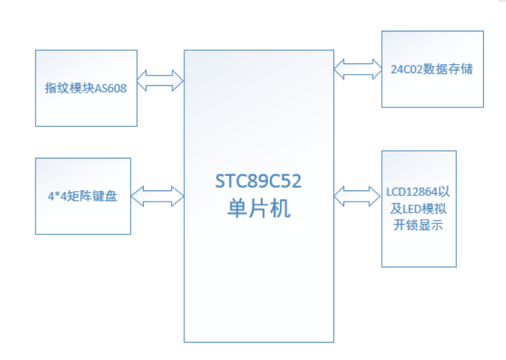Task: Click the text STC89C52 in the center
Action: [x=259, y=182]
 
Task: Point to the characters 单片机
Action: [x=259, y=208]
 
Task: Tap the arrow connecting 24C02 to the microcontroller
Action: [x=357, y=68]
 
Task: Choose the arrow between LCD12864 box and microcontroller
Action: [x=357, y=195]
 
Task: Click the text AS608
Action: [x=110, y=89]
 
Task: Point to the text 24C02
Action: [x=406, y=70]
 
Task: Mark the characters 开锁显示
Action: [x=419, y=225]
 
